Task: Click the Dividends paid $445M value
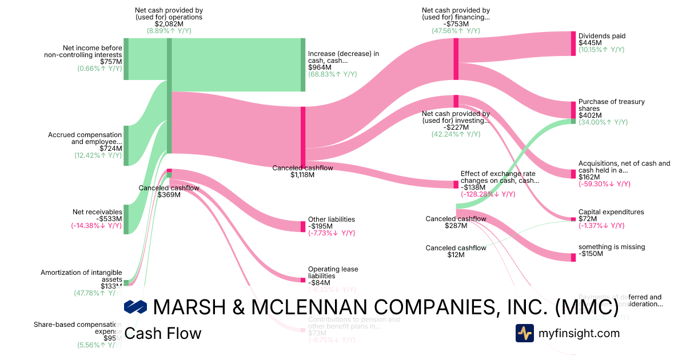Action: pyautogui.click(x=591, y=43)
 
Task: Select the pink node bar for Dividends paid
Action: pyautogui.click(x=573, y=43)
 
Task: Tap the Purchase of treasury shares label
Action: pyautogui.click(x=611, y=105)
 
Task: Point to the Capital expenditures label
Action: pyautogui.click(x=611, y=212)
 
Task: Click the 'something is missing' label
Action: pyautogui.click(x=611, y=247)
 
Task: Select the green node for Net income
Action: pyautogui.click(x=126, y=59)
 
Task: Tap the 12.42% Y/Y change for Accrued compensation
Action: pyautogui.click(x=98, y=155)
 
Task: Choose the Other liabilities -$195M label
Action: pyautogui.click(x=332, y=222)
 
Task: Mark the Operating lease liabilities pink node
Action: pyautogui.click(x=303, y=280)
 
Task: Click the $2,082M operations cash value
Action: pyautogui.click(x=169, y=24)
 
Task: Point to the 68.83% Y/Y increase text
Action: pyautogui.click(x=332, y=74)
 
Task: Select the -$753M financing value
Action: pyautogui.click(x=456, y=24)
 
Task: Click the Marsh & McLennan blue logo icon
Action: pyautogui.click(x=136, y=307)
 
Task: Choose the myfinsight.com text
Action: pyautogui.click(x=579, y=333)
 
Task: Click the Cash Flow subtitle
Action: pyautogui.click(x=163, y=333)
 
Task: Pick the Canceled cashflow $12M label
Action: pyautogui.click(x=456, y=251)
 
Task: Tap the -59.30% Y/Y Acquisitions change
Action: pyautogui.click(x=604, y=184)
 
